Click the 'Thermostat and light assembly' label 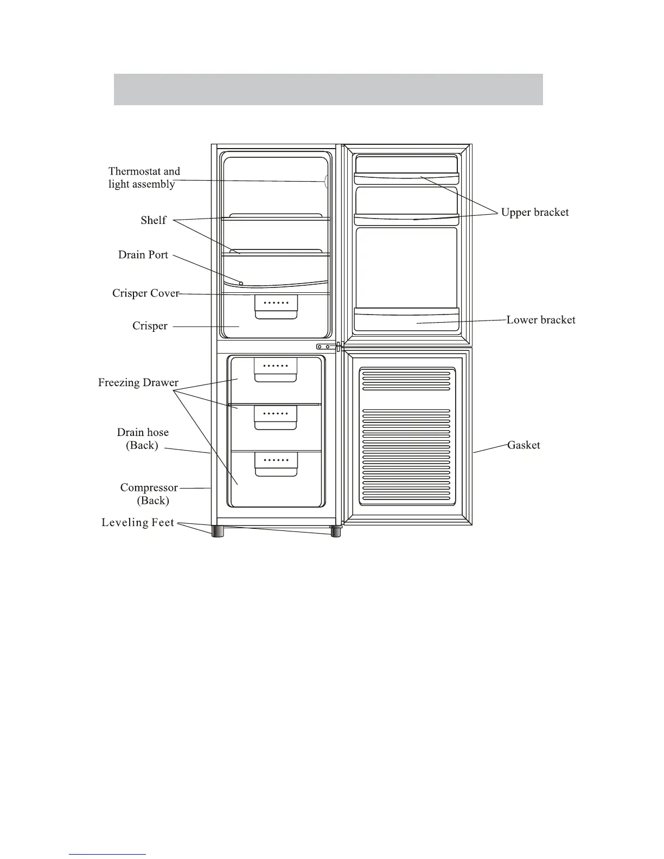pyautogui.click(x=144, y=178)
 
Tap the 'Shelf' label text pyautogui.click(x=154, y=220)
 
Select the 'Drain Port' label pyautogui.click(x=143, y=255)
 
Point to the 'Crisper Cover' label pyautogui.click(x=145, y=293)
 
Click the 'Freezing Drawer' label pyautogui.click(x=138, y=383)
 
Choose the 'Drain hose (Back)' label pyautogui.click(x=143, y=439)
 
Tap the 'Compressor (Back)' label pyautogui.click(x=149, y=494)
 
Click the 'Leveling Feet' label pyautogui.click(x=138, y=523)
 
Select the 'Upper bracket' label pyautogui.click(x=535, y=213)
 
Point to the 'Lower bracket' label pyautogui.click(x=541, y=320)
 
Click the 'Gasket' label pyautogui.click(x=523, y=445)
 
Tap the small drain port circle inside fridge pyautogui.click(x=241, y=283)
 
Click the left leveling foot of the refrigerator pyautogui.click(x=218, y=531)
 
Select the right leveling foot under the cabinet pyautogui.click(x=336, y=531)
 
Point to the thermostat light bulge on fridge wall pyautogui.click(x=326, y=182)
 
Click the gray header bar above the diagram pyautogui.click(x=328, y=89)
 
